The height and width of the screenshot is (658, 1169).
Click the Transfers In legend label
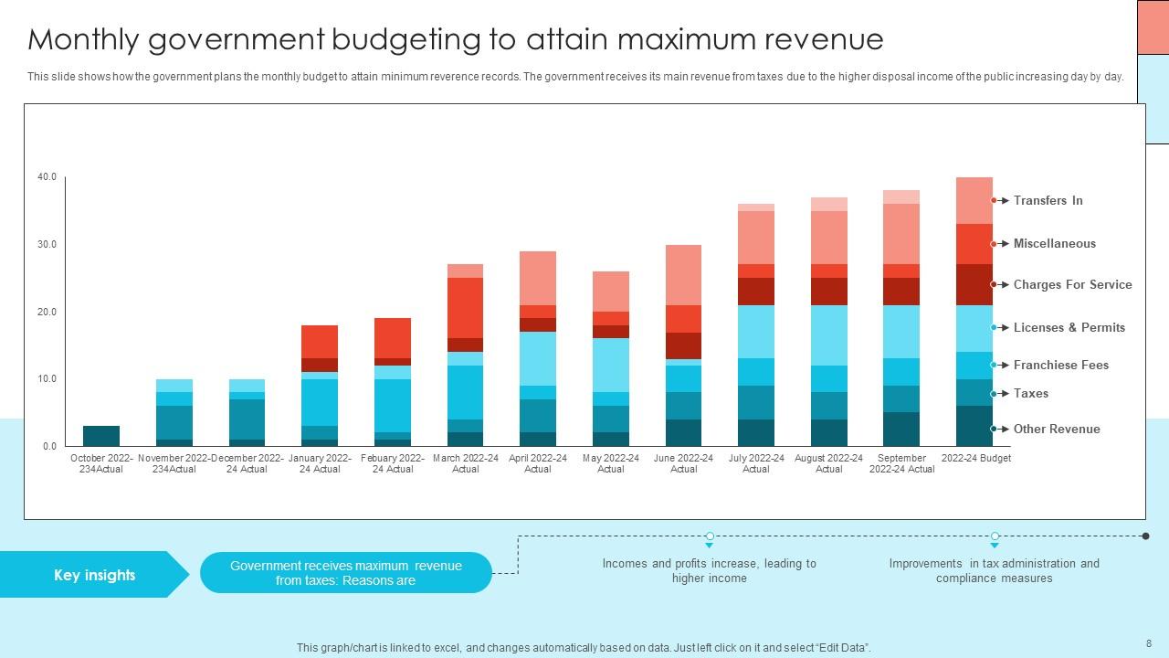pyautogui.click(x=1048, y=200)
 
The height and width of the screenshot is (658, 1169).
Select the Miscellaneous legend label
pyautogui.click(x=1054, y=243)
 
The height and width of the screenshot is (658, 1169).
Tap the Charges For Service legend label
pyautogui.click(x=1072, y=284)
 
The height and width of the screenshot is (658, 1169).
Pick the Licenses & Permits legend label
pyautogui.click(x=1069, y=327)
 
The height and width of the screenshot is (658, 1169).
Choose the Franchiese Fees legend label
pyautogui.click(x=1060, y=365)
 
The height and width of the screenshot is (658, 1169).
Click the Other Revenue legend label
pyautogui.click(x=1056, y=429)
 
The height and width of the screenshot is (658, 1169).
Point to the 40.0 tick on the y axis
pyautogui.click(x=47, y=177)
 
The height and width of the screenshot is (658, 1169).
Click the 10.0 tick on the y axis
pyautogui.click(x=47, y=378)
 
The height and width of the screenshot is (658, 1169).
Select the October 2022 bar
pyautogui.click(x=101, y=436)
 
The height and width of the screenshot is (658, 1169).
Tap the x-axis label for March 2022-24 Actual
pyautogui.click(x=465, y=463)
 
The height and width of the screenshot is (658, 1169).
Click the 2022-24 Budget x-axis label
pyautogui.click(x=975, y=458)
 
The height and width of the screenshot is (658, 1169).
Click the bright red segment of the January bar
pyautogui.click(x=320, y=342)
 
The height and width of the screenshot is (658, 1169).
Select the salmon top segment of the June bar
pyautogui.click(x=683, y=274)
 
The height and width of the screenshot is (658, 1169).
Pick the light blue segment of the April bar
pyautogui.click(x=538, y=358)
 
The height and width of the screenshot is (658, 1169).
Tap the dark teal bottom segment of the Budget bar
pyautogui.click(x=974, y=426)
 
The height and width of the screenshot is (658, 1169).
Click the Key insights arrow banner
pyautogui.click(x=94, y=575)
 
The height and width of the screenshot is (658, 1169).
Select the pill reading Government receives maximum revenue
pyautogui.click(x=345, y=573)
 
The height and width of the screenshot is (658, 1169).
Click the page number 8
pyautogui.click(x=1148, y=643)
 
